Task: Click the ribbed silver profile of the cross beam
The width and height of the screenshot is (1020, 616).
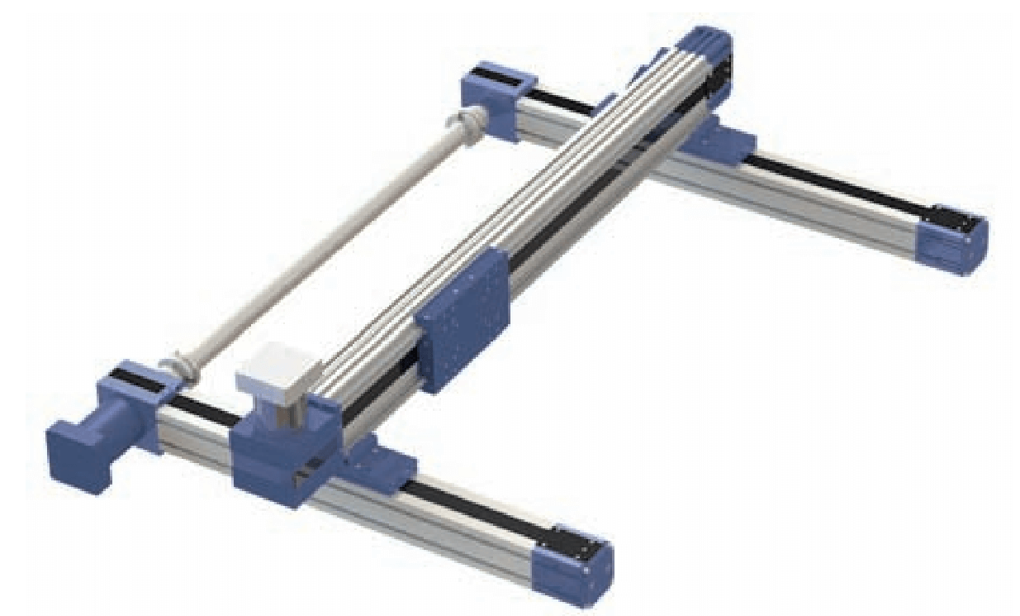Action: point(512,207)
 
